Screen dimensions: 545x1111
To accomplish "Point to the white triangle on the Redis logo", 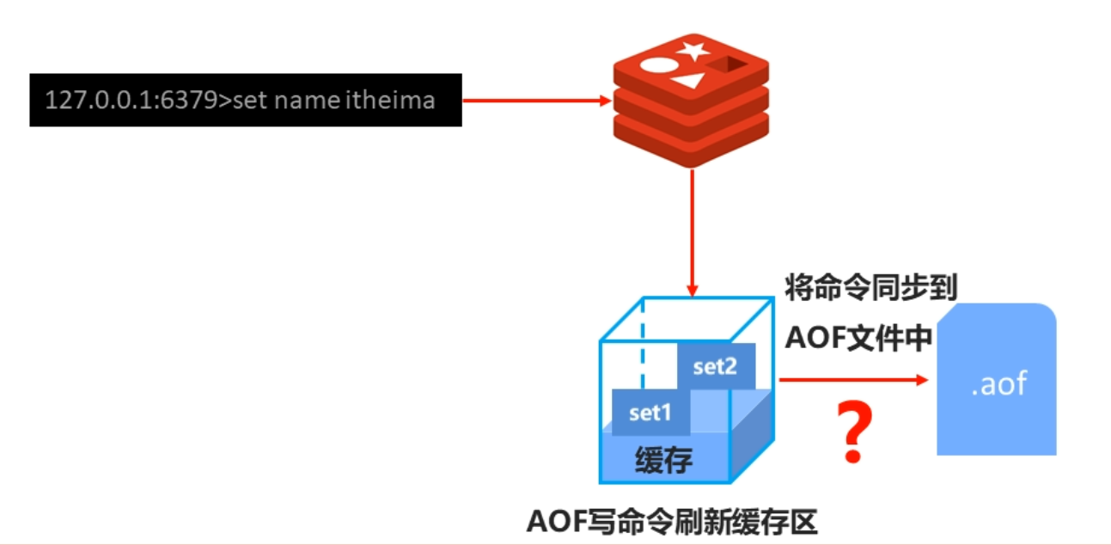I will [x=689, y=81].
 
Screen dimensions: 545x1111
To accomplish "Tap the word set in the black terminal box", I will [x=250, y=100].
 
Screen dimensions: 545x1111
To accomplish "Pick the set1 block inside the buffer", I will [x=650, y=413].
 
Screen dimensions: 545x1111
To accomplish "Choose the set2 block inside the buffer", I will [x=716, y=366].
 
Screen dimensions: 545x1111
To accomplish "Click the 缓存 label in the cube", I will [x=663, y=461].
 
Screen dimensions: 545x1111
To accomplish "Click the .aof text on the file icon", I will [x=998, y=383].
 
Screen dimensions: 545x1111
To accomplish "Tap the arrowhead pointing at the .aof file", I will [x=923, y=379].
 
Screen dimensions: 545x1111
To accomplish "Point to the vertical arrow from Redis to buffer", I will [x=692, y=232].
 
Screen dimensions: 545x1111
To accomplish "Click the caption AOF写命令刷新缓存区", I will [x=671, y=521].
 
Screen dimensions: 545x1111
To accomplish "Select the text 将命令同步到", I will [x=870, y=287].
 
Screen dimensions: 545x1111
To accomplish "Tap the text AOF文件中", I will [x=858, y=338].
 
